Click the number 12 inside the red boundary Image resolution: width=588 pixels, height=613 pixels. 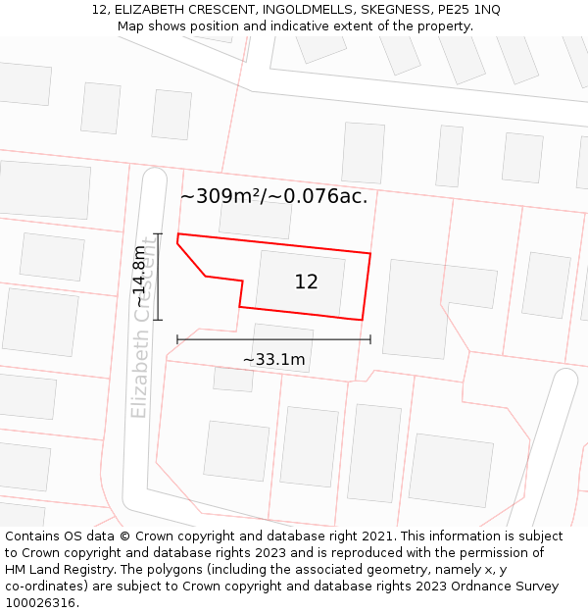306,282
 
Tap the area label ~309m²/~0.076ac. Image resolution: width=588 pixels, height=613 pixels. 273,196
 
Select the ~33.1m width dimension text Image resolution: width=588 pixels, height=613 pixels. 273,360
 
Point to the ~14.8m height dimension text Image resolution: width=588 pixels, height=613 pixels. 140,276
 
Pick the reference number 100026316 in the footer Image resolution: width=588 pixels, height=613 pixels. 42,603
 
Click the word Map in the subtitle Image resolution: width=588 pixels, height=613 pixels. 131,26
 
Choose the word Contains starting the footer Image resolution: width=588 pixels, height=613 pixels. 33,536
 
